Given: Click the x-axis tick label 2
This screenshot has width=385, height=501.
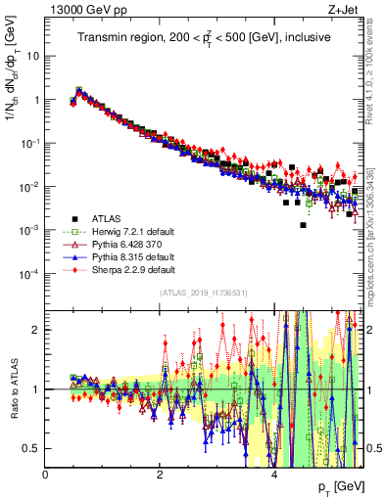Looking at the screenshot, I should click(x=160, y=476).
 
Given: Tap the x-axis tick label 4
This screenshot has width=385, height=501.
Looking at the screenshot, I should click(x=273, y=476).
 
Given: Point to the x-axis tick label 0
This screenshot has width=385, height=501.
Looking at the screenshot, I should click(x=46, y=476).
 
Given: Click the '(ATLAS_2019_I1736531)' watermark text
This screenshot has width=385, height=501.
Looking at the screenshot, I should click(x=204, y=293).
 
